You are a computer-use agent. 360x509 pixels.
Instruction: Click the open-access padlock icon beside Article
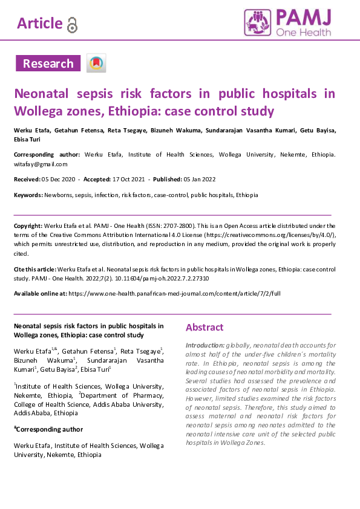pyautogui.click(x=73, y=24)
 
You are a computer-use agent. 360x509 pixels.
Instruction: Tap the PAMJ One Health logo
pyautogui.click(x=287, y=23)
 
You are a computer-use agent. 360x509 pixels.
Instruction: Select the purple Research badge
pyautogui.click(x=48, y=63)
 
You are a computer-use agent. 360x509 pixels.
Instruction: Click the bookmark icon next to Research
pyautogui.click(x=96, y=63)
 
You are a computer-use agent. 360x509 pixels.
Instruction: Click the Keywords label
pyautogui.click(x=28, y=195)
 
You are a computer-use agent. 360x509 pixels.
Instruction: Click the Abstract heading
pyautogui.click(x=205, y=328)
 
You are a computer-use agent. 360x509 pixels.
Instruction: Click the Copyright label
pyautogui.click(x=28, y=225)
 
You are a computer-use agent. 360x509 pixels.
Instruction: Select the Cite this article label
pyautogui.click(x=35, y=269)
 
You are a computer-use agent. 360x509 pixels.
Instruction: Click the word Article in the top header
pyautogui.click(x=40, y=24)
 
